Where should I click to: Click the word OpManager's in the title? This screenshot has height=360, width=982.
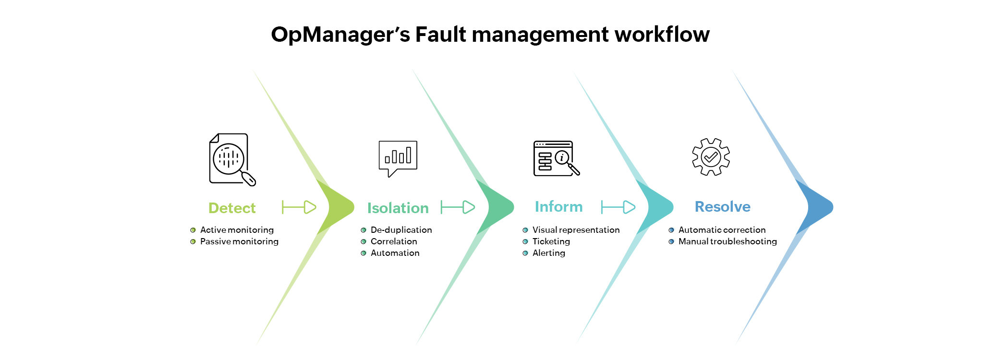[340, 35]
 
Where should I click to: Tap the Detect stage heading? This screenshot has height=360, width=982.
[232, 208]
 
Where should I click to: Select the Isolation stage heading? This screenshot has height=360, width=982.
[398, 208]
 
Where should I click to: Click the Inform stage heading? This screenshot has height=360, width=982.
[558, 206]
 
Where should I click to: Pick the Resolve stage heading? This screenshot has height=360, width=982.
[722, 206]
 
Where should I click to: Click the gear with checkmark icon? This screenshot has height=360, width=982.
[711, 157]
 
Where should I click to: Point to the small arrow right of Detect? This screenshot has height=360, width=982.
[299, 207]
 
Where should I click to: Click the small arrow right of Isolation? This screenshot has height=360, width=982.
[458, 207]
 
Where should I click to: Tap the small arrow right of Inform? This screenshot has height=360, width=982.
[618, 207]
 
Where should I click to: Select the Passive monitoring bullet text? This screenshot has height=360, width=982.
[239, 241]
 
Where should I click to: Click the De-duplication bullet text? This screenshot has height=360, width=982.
[401, 230]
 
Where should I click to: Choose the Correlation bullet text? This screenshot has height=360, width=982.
[394, 241]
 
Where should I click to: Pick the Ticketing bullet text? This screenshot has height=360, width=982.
[551, 241]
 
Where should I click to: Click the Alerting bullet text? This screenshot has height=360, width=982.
[548, 253]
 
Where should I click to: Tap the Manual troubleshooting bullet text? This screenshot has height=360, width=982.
[727, 241]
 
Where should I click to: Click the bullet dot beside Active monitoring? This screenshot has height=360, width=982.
[193, 230]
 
